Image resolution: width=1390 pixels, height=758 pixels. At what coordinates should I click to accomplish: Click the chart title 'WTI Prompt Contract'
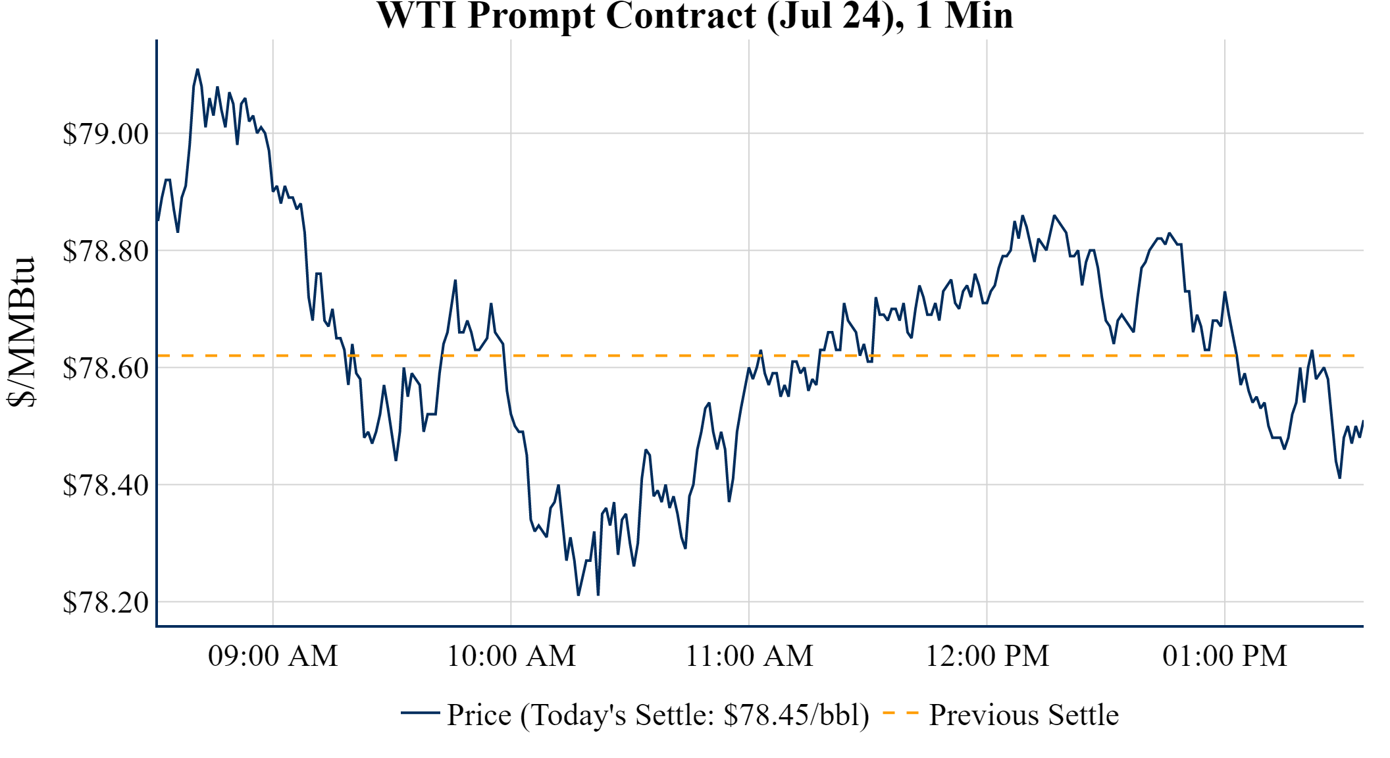point(566,16)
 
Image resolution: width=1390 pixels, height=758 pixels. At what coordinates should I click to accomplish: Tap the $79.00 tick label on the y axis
point(105,134)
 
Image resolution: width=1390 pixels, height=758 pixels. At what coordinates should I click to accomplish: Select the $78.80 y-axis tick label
point(105,251)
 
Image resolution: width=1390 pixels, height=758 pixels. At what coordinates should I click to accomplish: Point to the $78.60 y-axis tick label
point(105,368)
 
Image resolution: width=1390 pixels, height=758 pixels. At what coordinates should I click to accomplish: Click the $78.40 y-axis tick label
point(105,486)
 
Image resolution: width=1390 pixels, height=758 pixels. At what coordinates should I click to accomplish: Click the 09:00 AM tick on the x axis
point(272,656)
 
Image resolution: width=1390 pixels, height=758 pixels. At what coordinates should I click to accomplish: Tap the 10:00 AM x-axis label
point(511,656)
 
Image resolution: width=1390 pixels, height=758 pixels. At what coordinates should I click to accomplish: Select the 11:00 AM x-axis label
point(749,656)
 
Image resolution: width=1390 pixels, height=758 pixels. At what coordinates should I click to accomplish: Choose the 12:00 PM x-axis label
point(987,656)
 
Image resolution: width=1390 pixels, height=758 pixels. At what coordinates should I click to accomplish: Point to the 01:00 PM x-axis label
point(1225,656)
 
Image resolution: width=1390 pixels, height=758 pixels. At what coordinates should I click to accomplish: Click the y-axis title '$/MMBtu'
point(21,332)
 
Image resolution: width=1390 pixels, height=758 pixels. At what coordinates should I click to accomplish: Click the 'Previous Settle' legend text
point(1023,715)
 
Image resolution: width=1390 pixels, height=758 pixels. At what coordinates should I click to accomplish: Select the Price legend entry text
point(658,715)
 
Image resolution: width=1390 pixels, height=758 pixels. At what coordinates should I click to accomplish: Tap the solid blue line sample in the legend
point(420,713)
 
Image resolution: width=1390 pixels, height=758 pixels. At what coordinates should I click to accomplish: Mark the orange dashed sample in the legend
point(900,713)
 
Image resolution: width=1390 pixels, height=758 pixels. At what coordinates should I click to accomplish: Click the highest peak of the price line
point(197,69)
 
